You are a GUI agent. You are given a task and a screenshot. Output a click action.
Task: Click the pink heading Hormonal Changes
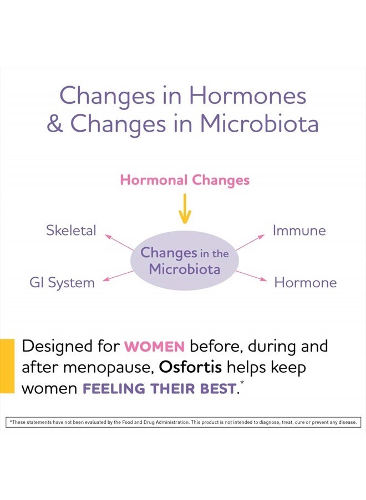click(185, 181)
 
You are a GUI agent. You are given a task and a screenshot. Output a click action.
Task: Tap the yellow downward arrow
click(185, 208)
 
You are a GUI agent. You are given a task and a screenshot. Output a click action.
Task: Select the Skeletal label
click(71, 230)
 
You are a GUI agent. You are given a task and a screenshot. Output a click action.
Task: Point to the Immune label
click(299, 230)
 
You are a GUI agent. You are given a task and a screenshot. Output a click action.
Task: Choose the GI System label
click(62, 283)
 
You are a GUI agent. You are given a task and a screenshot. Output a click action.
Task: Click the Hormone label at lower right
click(306, 283)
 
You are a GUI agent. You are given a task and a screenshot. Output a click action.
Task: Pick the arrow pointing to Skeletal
click(119, 242)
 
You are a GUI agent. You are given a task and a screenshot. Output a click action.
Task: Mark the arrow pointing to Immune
click(250, 242)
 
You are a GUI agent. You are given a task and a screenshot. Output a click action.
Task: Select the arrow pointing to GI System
click(118, 276)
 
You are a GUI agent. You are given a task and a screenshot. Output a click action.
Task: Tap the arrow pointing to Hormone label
click(251, 276)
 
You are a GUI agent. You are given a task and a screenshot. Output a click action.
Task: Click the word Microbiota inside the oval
click(185, 269)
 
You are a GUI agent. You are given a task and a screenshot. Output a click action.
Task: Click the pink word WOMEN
click(154, 347)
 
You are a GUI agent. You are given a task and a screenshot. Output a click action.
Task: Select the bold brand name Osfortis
click(190, 367)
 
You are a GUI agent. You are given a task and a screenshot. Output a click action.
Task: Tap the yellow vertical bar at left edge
click(7, 366)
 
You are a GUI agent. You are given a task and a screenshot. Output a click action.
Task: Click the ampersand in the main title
click(55, 124)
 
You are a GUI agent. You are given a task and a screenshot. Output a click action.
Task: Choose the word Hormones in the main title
click(248, 96)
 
